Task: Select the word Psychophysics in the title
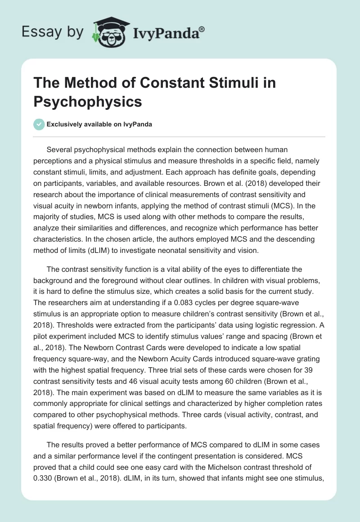click(88, 101)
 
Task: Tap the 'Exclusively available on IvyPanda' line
click(99, 125)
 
